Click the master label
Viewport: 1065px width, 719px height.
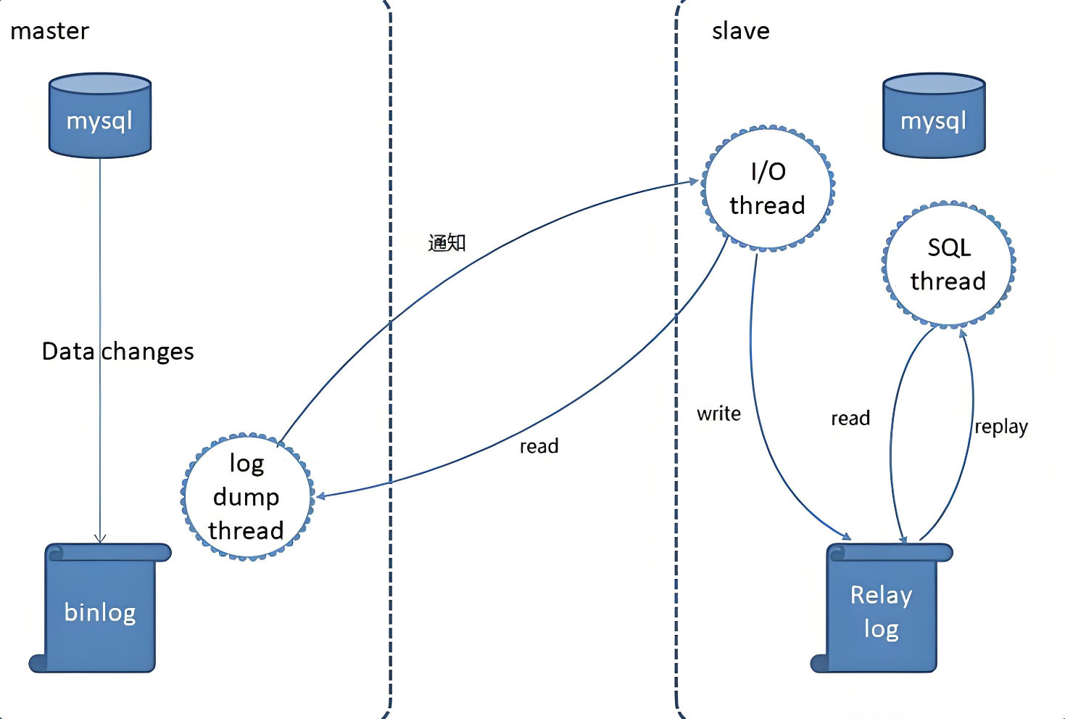(49, 31)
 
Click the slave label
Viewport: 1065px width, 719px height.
(740, 31)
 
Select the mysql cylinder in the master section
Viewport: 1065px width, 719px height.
(100, 116)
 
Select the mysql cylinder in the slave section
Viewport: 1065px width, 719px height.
(934, 116)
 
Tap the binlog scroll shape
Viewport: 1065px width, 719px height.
(100, 609)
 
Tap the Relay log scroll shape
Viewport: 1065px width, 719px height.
(881, 609)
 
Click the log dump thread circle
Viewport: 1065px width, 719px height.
(246, 497)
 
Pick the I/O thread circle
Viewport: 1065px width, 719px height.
(768, 189)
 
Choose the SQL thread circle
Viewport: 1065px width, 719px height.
(948, 264)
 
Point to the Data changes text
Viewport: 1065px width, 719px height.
(118, 352)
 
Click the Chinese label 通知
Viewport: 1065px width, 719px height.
(447, 242)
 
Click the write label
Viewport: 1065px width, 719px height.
(718, 414)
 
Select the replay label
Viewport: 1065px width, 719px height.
(1000, 427)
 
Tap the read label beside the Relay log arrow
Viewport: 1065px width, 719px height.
(850, 419)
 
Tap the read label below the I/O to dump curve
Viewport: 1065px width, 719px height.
(539, 446)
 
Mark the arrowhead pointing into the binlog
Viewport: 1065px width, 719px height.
(100, 538)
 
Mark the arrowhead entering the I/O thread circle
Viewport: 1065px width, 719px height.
(693, 181)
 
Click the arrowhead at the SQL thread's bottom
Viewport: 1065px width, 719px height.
(963, 333)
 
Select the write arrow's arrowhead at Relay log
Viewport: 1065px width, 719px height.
(845, 535)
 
